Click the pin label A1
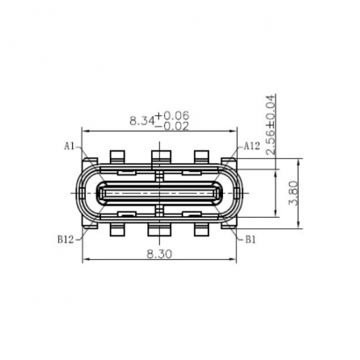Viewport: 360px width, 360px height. (x=68, y=146)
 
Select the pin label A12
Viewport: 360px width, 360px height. (x=251, y=146)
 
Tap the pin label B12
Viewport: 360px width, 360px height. (x=65, y=237)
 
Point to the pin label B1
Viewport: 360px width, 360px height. (x=250, y=237)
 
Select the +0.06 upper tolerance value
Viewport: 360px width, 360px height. (x=174, y=115)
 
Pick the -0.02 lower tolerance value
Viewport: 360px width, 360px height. (x=174, y=126)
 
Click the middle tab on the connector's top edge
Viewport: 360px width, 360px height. (x=159, y=158)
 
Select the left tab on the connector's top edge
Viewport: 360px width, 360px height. (x=117, y=158)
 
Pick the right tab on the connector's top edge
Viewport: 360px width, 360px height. (x=202, y=158)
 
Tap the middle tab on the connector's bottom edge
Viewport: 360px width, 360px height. (x=159, y=230)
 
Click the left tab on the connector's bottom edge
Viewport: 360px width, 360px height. (x=117, y=230)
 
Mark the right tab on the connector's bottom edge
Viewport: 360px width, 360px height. (x=202, y=230)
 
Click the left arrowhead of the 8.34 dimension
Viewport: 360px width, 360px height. (x=84, y=131)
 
